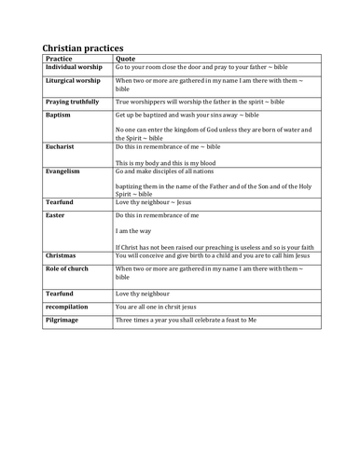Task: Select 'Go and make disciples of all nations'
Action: coord(176,172)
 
